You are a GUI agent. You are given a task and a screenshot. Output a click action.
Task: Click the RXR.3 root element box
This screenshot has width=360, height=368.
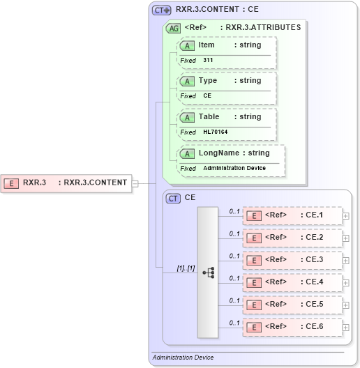point(67,183)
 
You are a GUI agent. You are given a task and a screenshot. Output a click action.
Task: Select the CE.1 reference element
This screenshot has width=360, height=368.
point(292,215)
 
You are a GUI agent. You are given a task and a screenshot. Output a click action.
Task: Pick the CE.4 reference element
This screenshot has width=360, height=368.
point(292,282)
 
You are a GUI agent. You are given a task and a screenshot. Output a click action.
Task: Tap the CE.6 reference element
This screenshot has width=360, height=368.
point(292,327)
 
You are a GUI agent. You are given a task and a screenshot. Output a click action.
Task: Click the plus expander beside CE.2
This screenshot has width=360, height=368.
point(346,238)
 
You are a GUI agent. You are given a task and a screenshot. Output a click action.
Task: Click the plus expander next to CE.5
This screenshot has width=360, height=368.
point(346,305)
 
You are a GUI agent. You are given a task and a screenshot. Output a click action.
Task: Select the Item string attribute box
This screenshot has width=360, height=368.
point(227,45)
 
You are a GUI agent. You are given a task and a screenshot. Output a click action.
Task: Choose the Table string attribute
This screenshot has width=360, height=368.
point(227,117)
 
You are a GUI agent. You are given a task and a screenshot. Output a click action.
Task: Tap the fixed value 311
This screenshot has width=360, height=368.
point(209,60)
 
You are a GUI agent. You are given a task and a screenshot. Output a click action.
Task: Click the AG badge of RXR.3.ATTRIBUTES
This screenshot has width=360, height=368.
point(172,29)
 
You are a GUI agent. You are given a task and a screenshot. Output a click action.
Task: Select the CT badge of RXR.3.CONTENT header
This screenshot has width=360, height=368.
point(162,10)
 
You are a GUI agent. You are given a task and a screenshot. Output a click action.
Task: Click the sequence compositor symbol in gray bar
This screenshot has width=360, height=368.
point(208,273)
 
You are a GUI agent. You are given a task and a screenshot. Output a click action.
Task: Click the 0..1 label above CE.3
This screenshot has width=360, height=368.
point(234,256)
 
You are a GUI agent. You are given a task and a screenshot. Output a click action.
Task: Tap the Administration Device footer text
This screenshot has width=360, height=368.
point(183,358)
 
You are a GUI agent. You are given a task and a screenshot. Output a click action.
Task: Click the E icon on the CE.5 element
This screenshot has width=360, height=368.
point(255,305)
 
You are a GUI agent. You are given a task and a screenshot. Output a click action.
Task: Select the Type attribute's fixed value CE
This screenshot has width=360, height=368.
point(207,95)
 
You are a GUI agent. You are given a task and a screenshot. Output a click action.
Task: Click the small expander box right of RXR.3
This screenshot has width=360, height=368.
point(135,183)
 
